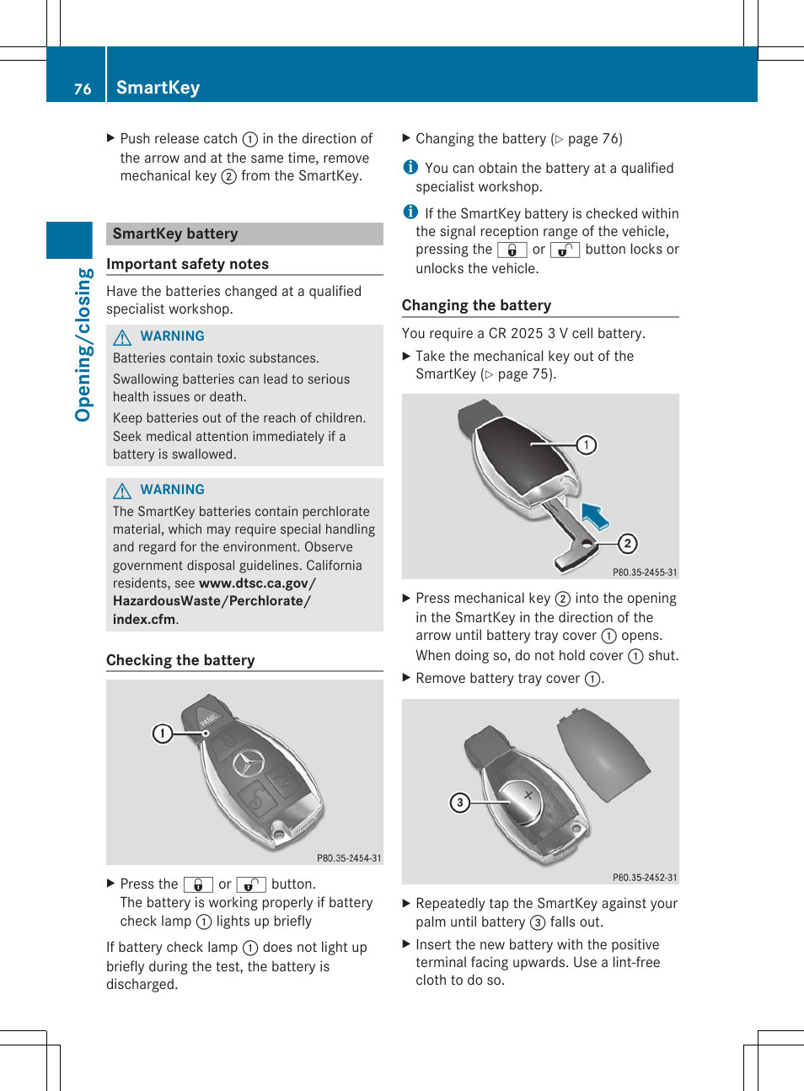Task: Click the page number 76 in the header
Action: point(82,89)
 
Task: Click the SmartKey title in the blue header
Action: point(158,88)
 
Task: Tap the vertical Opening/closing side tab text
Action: point(83,344)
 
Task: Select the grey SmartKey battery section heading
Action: point(175,234)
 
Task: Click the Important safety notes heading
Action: point(187,264)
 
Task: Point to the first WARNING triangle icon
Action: point(122,337)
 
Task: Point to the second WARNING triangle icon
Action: point(122,491)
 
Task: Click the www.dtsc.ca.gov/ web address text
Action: point(257,583)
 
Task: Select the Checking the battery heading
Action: point(180,660)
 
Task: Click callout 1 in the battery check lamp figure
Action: point(162,734)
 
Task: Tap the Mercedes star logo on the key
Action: point(248,763)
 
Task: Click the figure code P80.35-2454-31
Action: point(349,858)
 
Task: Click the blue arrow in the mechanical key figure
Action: point(596,515)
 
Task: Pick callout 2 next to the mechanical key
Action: point(627,544)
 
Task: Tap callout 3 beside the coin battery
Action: point(459,803)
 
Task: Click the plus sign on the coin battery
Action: point(529,795)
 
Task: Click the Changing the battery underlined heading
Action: point(476,305)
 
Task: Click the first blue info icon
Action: point(410,167)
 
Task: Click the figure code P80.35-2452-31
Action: point(645,878)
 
